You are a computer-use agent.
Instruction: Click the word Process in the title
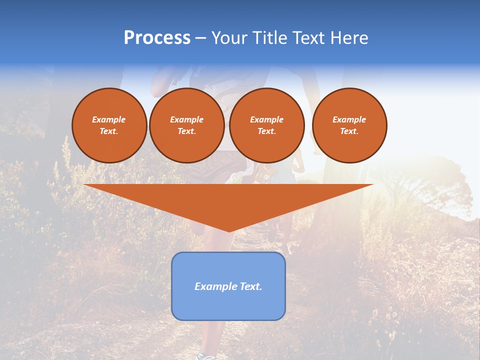(x=157, y=38)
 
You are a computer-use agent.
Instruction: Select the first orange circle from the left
(x=109, y=125)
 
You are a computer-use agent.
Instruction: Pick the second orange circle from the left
(x=186, y=125)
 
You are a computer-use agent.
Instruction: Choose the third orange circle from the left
(x=266, y=125)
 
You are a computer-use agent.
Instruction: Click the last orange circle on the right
(x=349, y=125)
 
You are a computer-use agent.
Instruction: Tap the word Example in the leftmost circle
(x=109, y=119)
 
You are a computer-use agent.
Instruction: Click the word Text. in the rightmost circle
(x=349, y=131)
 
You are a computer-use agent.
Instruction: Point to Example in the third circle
(x=266, y=119)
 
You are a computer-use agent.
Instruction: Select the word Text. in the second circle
(x=186, y=131)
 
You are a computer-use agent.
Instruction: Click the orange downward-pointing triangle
(x=228, y=200)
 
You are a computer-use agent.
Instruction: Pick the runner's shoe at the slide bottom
(x=205, y=356)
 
